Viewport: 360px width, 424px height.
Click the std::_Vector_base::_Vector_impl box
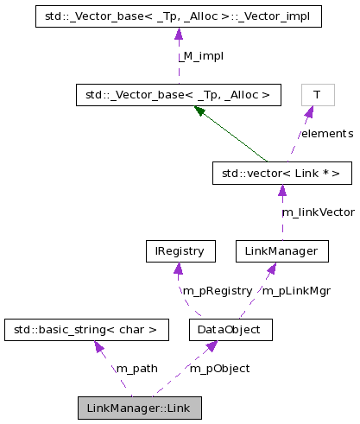point(179,16)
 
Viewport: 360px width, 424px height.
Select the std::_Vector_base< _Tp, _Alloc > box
point(179,94)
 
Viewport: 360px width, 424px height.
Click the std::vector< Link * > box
point(282,173)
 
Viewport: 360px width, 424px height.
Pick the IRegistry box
point(179,251)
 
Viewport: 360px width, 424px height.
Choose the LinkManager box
point(282,251)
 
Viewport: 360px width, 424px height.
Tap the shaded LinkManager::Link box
point(139,408)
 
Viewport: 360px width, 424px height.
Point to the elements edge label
point(326,134)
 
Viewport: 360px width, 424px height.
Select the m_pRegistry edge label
point(217,291)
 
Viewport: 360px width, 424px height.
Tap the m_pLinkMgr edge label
point(296,291)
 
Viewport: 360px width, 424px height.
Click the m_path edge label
point(136,369)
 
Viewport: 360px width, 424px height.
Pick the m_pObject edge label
point(219,369)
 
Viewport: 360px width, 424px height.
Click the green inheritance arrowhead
point(200,111)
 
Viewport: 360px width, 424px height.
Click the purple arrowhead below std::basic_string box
point(99,347)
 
